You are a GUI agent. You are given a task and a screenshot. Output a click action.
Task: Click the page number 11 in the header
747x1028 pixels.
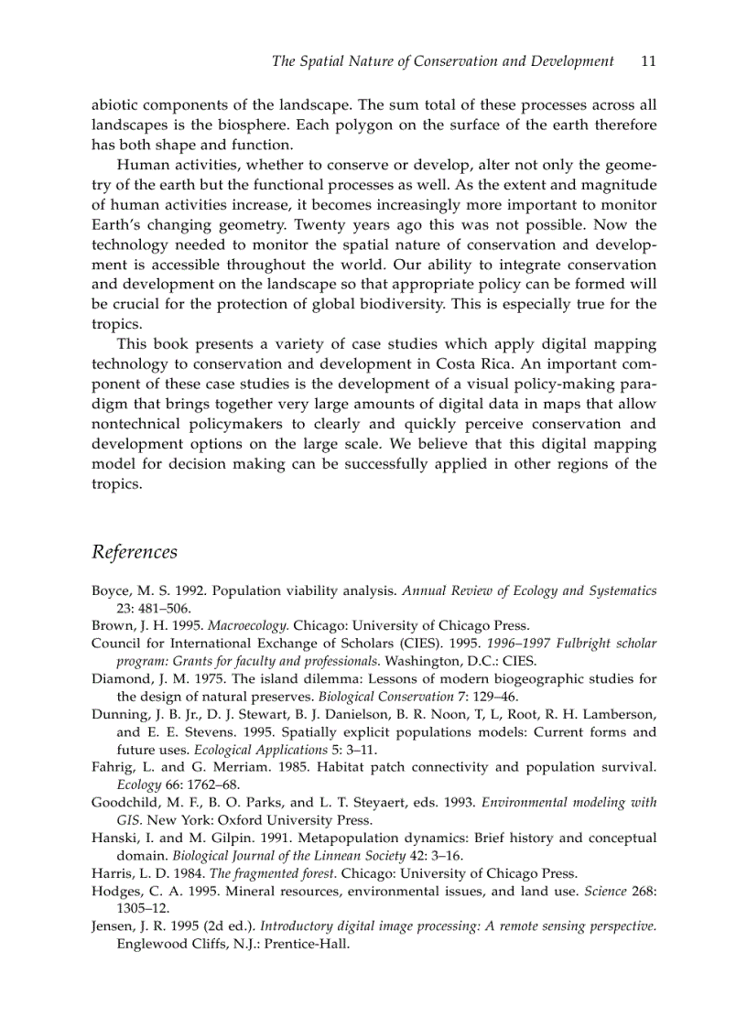pos(648,61)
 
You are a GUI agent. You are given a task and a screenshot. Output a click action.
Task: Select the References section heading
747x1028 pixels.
pos(135,552)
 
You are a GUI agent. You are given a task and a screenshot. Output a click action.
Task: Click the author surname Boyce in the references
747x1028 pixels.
pos(111,591)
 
